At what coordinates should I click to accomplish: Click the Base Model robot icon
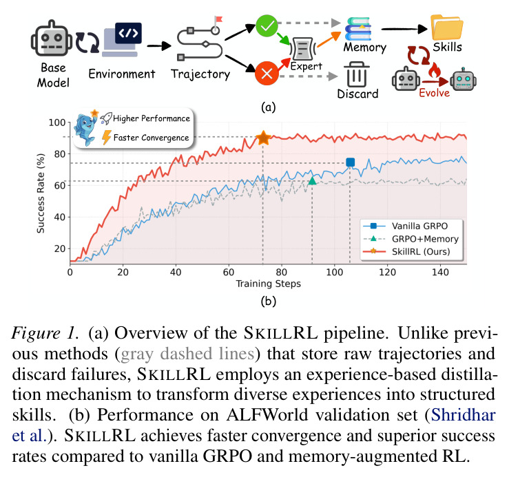(52, 39)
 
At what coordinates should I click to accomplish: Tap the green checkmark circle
(267, 25)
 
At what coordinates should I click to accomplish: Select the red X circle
(267, 74)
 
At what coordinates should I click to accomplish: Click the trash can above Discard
(356, 74)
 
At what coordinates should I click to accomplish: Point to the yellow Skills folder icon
(447, 28)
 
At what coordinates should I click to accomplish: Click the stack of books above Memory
(358, 29)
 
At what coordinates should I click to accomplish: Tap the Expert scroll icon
(302, 49)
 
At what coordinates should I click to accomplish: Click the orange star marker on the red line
(263, 138)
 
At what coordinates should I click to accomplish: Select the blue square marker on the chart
(350, 162)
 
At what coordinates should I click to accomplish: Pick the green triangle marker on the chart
(312, 181)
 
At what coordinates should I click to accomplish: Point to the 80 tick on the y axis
(60, 153)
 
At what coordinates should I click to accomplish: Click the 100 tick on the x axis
(334, 272)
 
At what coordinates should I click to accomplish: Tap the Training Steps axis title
(268, 284)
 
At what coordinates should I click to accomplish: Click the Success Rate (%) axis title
(40, 193)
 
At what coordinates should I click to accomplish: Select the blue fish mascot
(85, 128)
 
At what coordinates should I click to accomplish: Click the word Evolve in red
(434, 93)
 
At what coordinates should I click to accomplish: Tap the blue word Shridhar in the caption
(464, 414)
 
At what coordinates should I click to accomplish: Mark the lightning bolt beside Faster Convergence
(106, 137)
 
